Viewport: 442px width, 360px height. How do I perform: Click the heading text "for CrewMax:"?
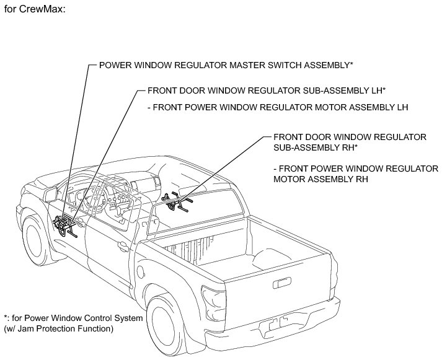(x=34, y=10)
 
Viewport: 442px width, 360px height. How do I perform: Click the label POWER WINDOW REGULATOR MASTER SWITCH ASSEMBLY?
(x=226, y=65)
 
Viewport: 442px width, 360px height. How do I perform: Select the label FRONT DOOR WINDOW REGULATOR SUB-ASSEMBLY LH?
(x=267, y=90)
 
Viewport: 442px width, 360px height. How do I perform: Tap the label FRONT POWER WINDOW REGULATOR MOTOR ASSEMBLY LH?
(x=278, y=107)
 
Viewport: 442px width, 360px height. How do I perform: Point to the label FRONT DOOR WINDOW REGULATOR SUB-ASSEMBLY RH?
(x=349, y=142)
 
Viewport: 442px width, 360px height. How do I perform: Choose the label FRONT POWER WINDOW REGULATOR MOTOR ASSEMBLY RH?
(x=355, y=173)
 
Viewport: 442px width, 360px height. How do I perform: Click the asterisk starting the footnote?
(x=5, y=317)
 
